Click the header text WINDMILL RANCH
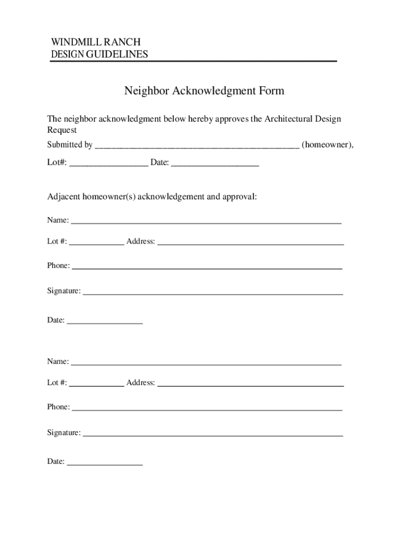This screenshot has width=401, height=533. point(95,42)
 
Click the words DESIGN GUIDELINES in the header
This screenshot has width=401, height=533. point(99,54)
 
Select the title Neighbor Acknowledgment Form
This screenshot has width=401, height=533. point(204,91)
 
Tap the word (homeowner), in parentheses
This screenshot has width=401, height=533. point(328,145)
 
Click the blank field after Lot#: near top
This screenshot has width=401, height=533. point(108,163)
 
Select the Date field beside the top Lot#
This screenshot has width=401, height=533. point(215,163)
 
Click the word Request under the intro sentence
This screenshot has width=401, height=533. point(62,130)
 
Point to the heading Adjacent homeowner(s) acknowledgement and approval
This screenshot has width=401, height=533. point(152,197)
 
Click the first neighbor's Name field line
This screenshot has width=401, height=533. point(206,221)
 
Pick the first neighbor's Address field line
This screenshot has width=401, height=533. point(250,242)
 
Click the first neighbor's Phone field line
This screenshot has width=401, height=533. point(207,266)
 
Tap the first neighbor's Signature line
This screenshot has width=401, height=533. point(212,291)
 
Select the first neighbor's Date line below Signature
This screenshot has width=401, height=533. point(105,321)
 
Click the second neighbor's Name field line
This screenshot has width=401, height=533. point(206,362)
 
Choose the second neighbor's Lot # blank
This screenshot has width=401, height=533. point(96,384)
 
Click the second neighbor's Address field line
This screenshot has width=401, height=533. point(250,384)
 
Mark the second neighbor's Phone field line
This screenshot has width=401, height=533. point(207,408)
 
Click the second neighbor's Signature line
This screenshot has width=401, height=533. point(212,433)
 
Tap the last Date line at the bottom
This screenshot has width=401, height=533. point(105,462)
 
